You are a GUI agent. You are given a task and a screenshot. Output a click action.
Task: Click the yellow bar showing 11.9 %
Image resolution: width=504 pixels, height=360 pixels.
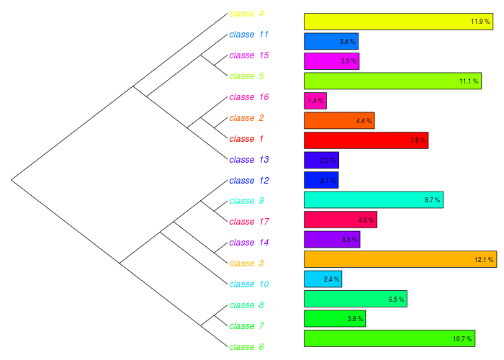coord(398,22)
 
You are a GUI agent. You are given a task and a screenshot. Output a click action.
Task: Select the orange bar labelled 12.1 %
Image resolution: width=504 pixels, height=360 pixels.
coord(400,259)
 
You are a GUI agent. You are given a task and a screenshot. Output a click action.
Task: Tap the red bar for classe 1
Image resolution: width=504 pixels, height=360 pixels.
coord(366,140)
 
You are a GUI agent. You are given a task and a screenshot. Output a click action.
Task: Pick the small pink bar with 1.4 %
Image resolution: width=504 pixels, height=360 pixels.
coord(315,101)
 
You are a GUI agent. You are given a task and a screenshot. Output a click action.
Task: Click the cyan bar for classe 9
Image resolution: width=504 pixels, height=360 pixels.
coord(373,199)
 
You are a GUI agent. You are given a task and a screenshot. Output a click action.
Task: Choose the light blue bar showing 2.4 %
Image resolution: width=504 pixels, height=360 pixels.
coord(323,279)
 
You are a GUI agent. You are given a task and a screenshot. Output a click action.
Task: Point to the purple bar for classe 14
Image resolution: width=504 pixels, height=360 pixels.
coord(331,239)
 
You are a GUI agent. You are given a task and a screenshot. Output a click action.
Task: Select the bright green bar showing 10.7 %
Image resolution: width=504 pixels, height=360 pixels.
coord(390,338)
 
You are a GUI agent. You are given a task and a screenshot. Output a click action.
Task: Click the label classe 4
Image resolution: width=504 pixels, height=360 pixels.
coord(246,14)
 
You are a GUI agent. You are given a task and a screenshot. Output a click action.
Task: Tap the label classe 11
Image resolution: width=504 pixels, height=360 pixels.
coord(248,35)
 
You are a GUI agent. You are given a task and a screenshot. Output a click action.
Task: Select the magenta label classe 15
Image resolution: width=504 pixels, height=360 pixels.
coord(248,55)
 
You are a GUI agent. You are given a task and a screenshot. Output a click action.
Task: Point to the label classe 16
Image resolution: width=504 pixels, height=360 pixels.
coord(248,97)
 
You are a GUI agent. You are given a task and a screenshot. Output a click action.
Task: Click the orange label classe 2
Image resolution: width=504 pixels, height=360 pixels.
coord(246,118)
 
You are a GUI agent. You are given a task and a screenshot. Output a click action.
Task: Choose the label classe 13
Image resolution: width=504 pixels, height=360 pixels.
coord(248,160)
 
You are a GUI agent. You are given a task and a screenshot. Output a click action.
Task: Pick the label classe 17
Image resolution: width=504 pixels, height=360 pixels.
coord(248,222)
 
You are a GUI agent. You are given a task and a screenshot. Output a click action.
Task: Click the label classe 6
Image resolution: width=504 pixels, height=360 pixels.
coord(246,347)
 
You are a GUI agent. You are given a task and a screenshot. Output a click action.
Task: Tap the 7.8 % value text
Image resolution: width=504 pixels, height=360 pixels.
coord(418,140)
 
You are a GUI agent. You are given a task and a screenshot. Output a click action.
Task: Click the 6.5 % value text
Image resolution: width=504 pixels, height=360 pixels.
coord(397,299)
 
